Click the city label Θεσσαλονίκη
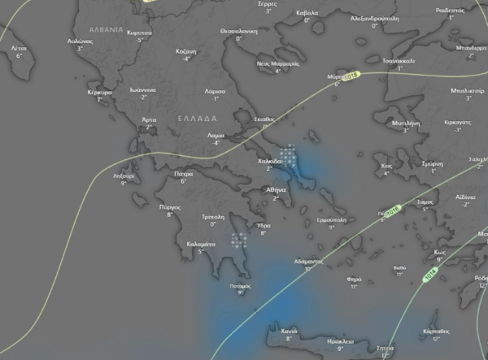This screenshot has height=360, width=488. click(238, 29)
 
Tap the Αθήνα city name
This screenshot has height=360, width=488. click(277, 189)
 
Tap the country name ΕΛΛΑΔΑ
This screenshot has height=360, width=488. click(195, 119)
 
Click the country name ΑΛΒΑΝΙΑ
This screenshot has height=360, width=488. click(107, 28)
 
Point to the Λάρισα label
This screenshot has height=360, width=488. click(216, 92)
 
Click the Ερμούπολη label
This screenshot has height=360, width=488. click(332, 219)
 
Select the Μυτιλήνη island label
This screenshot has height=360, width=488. click(406, 122)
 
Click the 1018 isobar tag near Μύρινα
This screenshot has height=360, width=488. click(352, 76)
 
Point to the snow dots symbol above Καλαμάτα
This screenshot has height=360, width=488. click(239, 239)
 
